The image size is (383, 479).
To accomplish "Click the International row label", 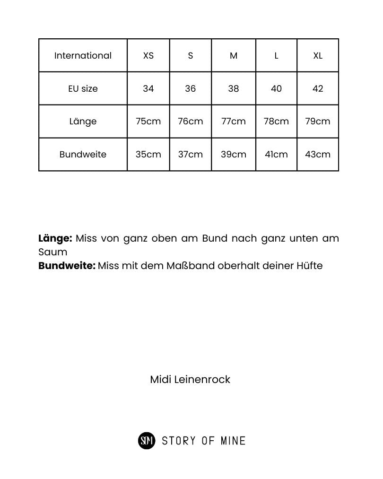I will (83, 56).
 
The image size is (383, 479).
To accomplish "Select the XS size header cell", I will (148, 56).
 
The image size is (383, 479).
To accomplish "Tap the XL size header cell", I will (318, 56).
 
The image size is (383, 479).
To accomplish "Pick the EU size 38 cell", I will (234, 89).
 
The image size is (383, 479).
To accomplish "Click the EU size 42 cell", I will (318, 89).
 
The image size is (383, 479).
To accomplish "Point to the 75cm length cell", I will (148, 122).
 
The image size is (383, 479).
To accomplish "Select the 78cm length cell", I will (276, 122).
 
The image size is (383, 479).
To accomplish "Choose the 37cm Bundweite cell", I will (190, 155).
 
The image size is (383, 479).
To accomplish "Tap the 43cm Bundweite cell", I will (318, 155).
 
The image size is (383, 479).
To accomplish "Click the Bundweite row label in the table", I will (83, 155).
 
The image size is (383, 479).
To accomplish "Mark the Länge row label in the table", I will (83, 122).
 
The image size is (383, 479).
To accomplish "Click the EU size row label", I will (83, 89).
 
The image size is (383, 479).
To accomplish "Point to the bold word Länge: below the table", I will (55, 238).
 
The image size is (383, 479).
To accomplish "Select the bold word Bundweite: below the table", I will (67, 266).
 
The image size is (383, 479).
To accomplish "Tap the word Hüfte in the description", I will (309, 266).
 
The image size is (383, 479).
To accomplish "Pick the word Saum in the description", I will (52, 252).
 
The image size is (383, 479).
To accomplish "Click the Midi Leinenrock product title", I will (190, 380).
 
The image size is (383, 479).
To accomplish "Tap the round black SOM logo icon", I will (147, 441).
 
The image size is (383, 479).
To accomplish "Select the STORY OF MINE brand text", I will (204, 441).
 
